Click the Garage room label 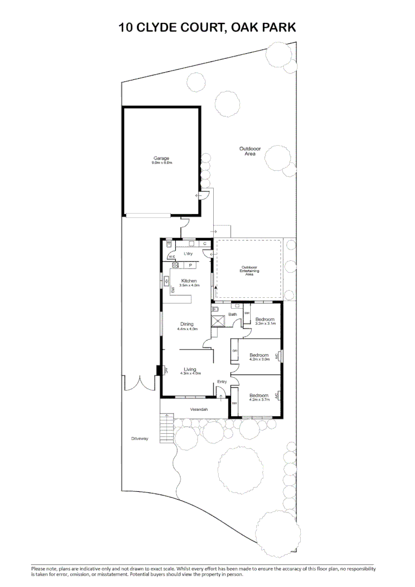click(x=161, y=159)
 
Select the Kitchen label click(x=189, y=281)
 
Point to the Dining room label click(x=187, y=324)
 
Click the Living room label click(x=189, y=370)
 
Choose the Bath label click(x=232, y=315)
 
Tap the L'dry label click(x=189, y=254)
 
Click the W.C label click(x=171, y=257)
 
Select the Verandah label click(x=199, y=409)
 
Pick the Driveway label click(x=139, y=438)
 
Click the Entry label click(x=222, y=382)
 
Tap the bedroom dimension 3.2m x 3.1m click(x=265, y=323)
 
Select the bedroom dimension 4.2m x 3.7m click(x=259, y=399)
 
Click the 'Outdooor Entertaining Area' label click(x=250, y=271)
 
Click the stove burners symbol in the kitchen click(x=176, y=265)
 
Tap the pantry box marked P click(x=190, y=265)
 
